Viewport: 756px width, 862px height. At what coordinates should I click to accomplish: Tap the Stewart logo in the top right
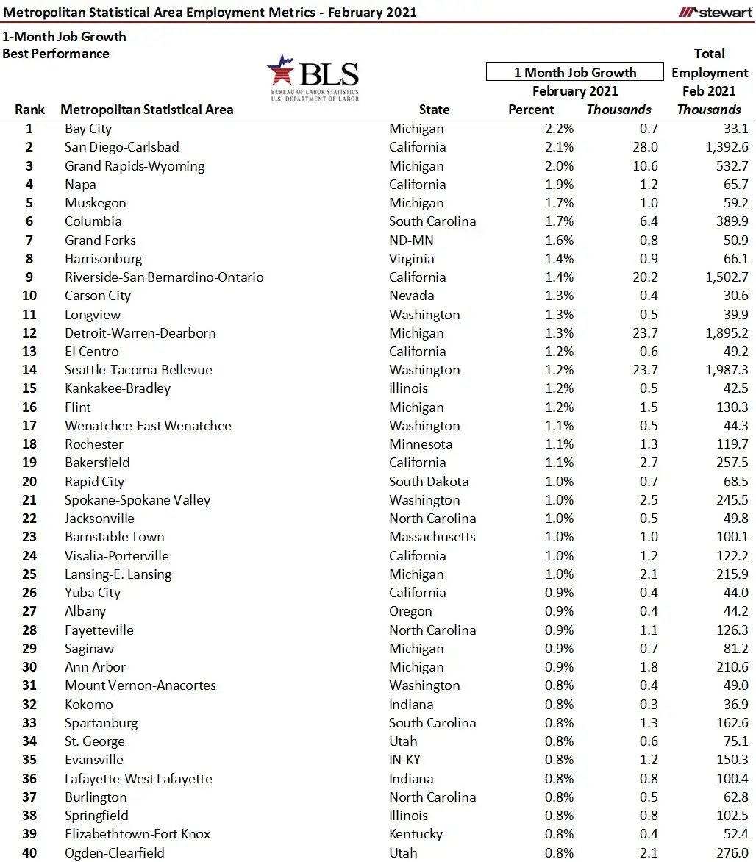[x=715, y=12]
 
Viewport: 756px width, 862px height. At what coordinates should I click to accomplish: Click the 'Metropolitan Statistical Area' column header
[x=147, y=110]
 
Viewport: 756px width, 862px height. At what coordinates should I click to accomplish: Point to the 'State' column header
[x=434, y=110]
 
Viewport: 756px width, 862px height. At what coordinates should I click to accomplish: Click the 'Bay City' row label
[x=88, y=129]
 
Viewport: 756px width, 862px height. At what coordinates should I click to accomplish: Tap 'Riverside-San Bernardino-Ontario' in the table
[x=164, y=277]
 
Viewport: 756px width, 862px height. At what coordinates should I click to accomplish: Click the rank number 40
[x=29, y=853]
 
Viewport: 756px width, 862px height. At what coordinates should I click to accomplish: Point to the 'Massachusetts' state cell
[x=432, y=537]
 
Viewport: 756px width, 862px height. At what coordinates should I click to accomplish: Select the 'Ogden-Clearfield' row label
[x=115, y=853]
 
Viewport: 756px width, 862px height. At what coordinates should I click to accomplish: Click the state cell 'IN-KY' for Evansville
[x=407, y=760]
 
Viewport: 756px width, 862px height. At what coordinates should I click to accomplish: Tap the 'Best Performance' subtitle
[x=56, y=54]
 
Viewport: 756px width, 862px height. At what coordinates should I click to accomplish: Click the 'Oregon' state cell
[x=410, y=611]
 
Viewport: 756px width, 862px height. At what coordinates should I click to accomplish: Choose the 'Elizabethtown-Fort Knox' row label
[x=138, y=834]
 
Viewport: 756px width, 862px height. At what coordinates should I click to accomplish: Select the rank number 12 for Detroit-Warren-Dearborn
[x=29, y=333]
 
